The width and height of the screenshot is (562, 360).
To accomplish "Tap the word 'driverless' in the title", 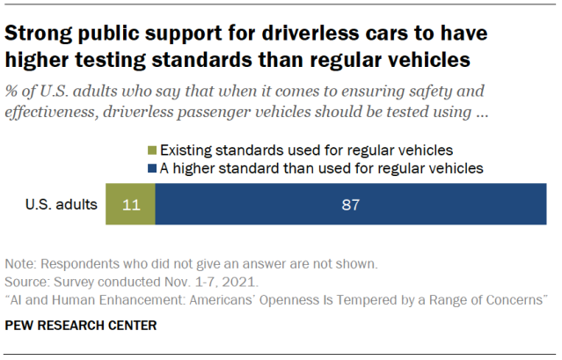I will (286, 36).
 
